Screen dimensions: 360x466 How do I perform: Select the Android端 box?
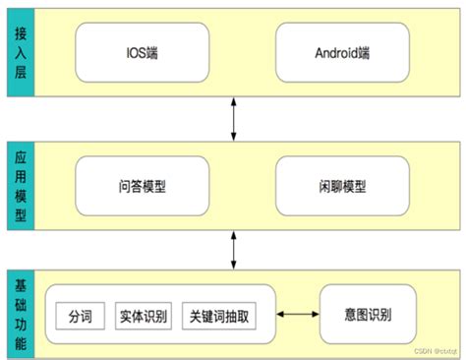click(337, 52)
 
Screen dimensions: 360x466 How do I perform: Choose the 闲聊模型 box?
click(337, 186)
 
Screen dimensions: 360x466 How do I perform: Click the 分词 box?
click(80, 317)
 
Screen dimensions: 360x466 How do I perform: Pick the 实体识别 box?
click(142, 317)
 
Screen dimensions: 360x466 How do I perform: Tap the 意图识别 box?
click(370, 316)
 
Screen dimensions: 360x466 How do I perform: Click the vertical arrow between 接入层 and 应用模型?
click(233, 120)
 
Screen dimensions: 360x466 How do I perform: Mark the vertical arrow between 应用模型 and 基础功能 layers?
click(233, 249)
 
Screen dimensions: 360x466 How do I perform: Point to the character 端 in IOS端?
click(154, 52)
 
